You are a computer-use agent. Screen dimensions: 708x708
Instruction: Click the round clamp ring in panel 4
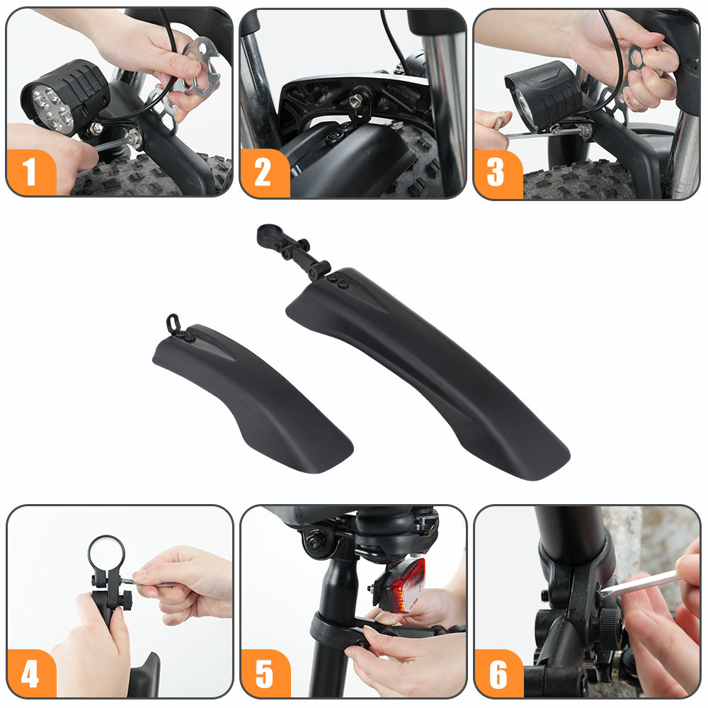point(106,553)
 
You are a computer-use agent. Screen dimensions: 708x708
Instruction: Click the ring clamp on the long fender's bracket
point(270,234)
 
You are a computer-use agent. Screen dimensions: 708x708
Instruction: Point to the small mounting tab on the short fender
point(173,324)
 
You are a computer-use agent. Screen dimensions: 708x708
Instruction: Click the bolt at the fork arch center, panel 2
point(355,101)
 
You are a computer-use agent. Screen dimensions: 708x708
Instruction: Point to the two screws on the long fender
point(338,281)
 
